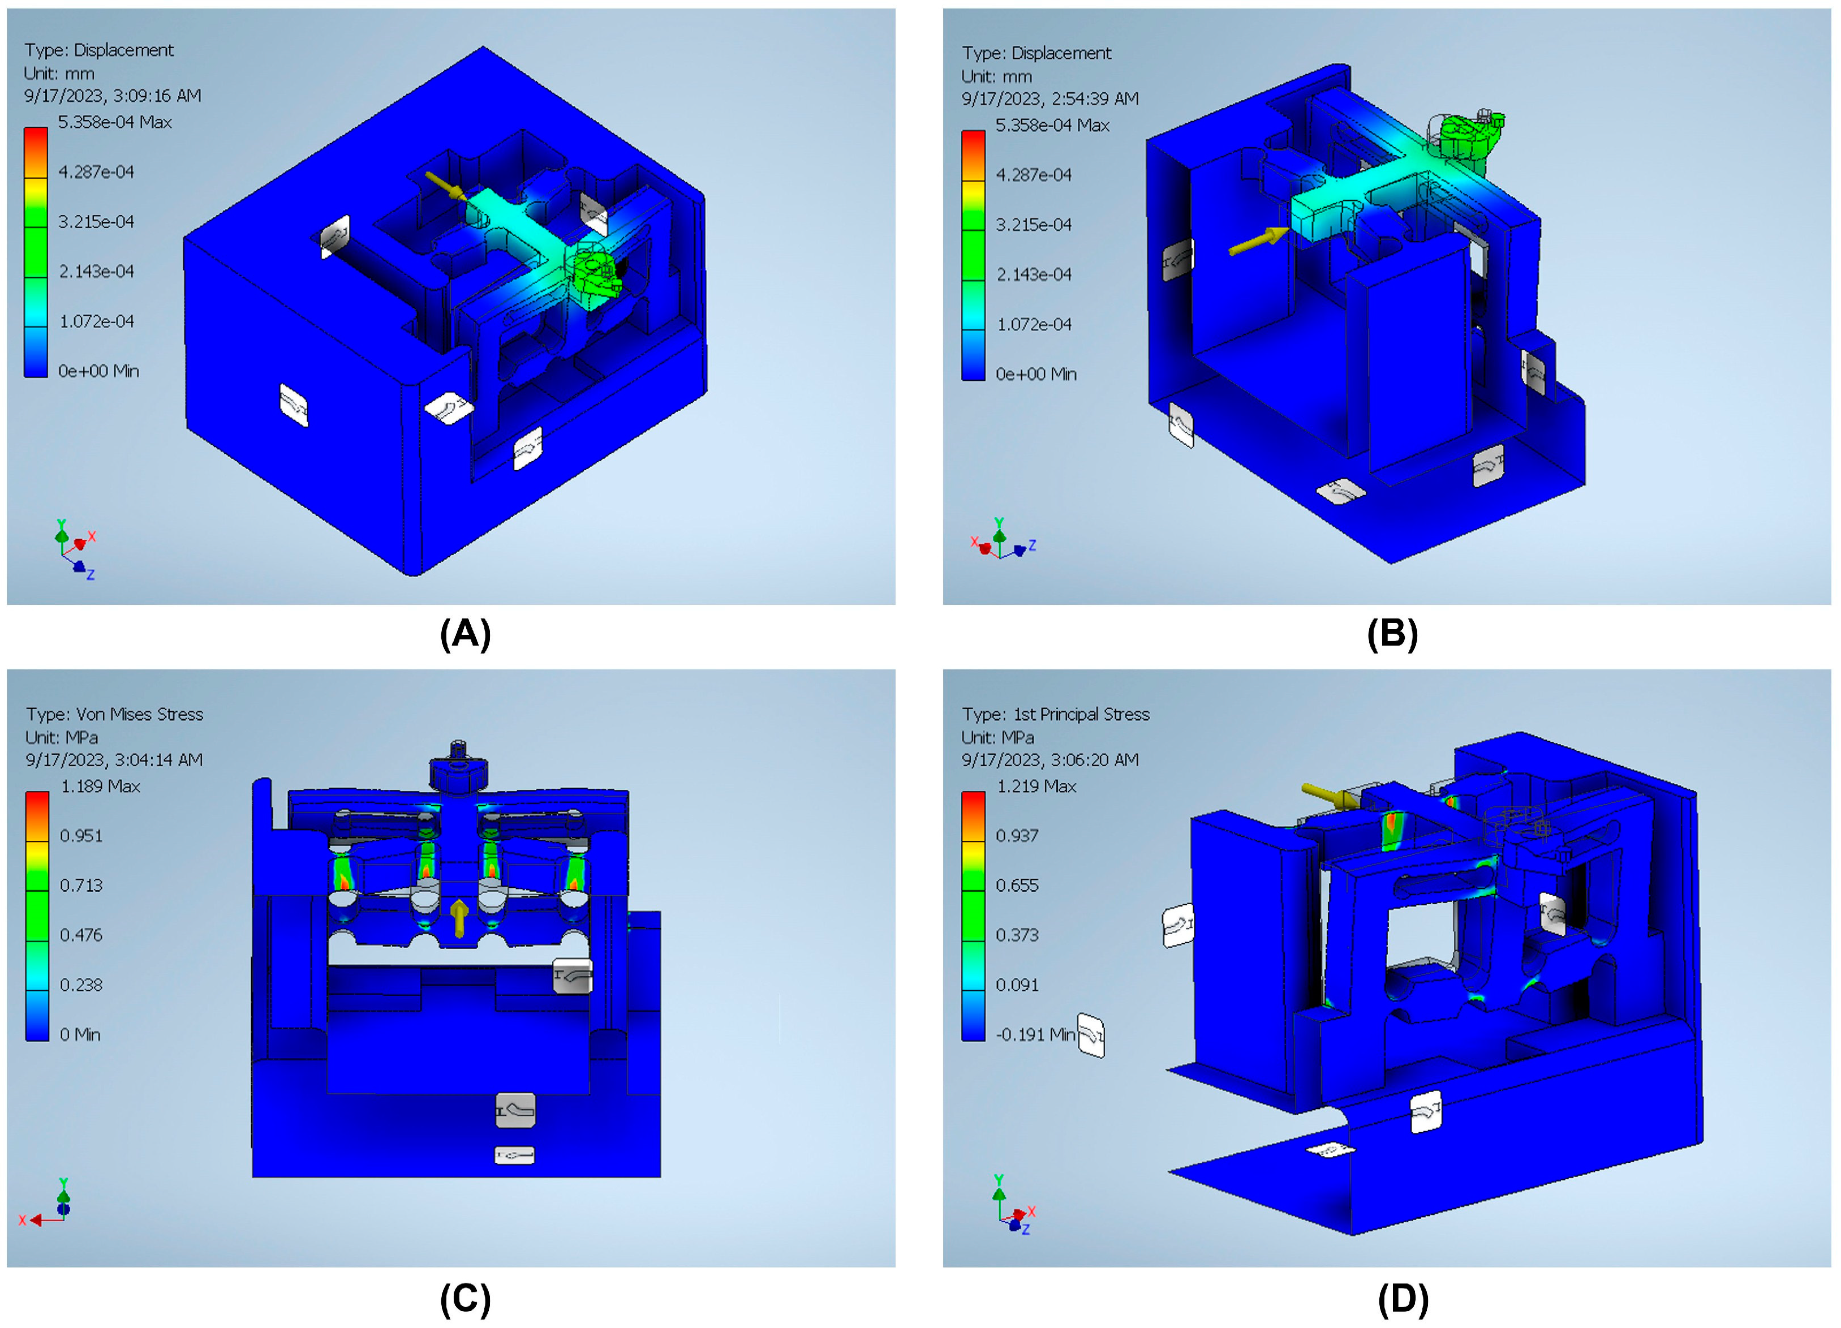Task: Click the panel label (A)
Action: point(465,633)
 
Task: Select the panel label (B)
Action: point(1392,633)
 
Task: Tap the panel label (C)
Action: point(465,1299)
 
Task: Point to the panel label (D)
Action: point(1403,1299)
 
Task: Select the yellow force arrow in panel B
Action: point(1259,241)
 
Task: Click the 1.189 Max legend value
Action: point(101,786)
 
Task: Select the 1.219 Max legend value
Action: point(1036,786)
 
